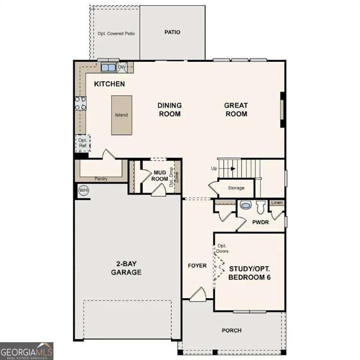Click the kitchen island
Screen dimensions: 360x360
pyautogui.click(x=121, y=115)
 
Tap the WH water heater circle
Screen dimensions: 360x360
pyautogui.click(x=83, y=190)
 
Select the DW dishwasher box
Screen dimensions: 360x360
pyautogui.click(x=122, y=67)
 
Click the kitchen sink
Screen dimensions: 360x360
pyautogui.click(x=108, y=67)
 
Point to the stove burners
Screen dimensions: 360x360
pyautogui.click(x=80, y=103)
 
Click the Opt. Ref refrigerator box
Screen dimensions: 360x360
pyautogui.click(x=83, y=143)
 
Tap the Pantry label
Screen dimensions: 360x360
pyautogui.click(x=101, y=179)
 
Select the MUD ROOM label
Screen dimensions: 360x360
pyautogui.click(x=161, y=176)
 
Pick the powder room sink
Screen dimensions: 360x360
pyautogui.click(x=245, y=205)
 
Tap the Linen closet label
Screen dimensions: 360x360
pyautogui.click(x=277, y=203)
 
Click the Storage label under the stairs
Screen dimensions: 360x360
pyautogui.click(x=236, y=188)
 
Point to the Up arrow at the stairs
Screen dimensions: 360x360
pyautogui.click(x=230, y=168)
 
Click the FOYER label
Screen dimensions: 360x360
pyautogui.click(x=197, y=266)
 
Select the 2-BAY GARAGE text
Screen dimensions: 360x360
pyautogui.click(x=126, y=268)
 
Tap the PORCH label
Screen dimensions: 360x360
pyautogui.click(x=232, y=330)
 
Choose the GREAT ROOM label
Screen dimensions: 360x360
pyautogui.click(x=236, y=110)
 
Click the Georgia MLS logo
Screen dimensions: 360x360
pyautogui.click(x=27, y=351)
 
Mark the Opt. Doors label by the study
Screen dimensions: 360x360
pyautogui.click(x=222, y=248)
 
